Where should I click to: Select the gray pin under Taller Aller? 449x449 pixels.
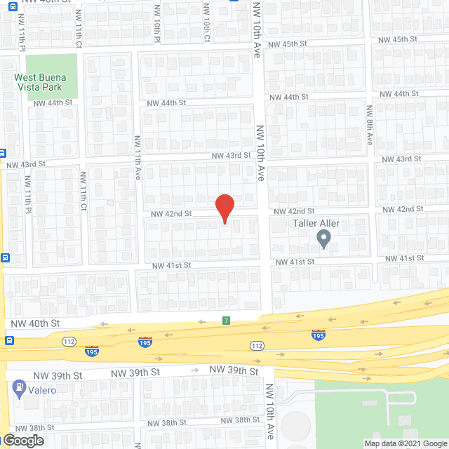323,240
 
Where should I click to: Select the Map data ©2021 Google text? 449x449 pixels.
406,443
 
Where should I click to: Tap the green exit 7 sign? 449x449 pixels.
226,321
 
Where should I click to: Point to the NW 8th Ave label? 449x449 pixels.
369,126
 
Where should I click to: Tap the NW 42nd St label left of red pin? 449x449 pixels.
171,213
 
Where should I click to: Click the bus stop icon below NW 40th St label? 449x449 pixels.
9,341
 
